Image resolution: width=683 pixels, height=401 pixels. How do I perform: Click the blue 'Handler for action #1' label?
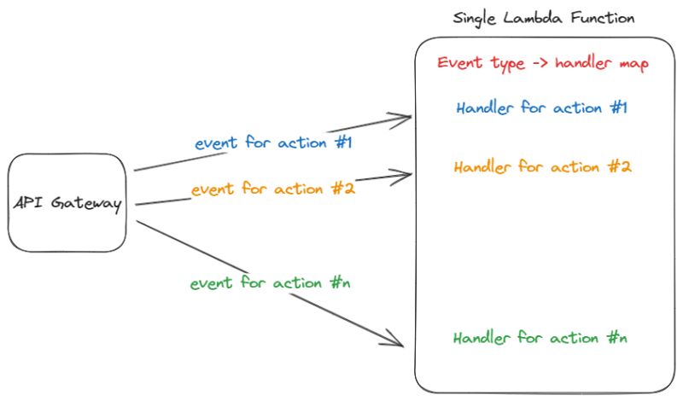pos(542,109)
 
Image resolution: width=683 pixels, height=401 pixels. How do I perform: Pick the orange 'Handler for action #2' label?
pos(542,167)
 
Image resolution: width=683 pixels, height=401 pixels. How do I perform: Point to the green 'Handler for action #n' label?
pos(541,339)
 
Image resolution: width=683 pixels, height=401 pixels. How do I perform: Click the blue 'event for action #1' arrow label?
pos(273,142)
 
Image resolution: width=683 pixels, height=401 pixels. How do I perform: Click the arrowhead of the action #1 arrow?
pos(406,119)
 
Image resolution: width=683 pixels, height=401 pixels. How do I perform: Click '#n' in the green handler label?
pos(619,339)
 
